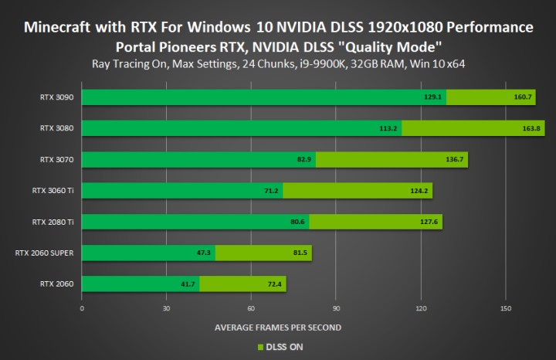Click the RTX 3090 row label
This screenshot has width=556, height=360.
[x=58, y=97]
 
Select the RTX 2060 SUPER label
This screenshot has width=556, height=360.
[x=46, y=253]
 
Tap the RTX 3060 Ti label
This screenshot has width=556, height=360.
[x=53, y=191]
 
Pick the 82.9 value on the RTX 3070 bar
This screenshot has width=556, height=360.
[x=304, y=160]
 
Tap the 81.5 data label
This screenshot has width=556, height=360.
[x=300, y=253]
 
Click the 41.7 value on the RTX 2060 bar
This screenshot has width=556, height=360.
[x=188, y=284]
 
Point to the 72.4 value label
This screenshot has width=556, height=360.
[x=275, y=284]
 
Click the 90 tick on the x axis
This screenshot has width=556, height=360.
[x=336, y=307]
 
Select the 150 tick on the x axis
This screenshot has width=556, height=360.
[x=505, y=307]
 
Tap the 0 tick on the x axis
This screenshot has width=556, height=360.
[x=82, y=307]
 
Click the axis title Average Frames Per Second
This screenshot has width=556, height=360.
[x=277, y=327]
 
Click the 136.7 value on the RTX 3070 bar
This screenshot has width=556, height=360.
[x=450, y=160]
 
